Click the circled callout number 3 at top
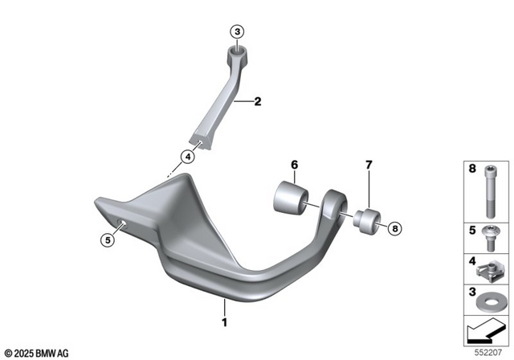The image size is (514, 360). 236,31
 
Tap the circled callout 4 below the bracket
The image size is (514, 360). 187,157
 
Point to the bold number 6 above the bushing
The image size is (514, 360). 294,166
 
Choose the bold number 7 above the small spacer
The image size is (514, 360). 369,166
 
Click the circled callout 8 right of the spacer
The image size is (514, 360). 394,228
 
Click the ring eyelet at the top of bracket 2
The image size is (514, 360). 237,54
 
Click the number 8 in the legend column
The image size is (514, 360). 471,170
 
